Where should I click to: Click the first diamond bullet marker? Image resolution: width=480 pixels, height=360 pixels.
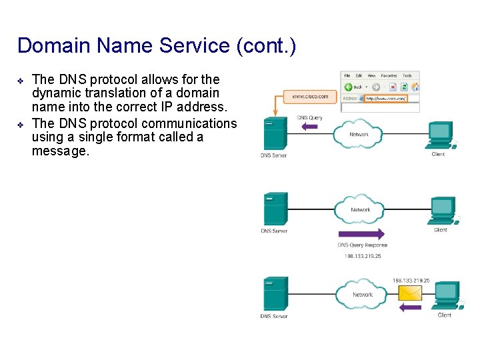21,81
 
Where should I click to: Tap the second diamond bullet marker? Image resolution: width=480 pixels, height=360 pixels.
21,125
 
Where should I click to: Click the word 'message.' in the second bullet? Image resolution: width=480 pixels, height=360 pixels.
60,151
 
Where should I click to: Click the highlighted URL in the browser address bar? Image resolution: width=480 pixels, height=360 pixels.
385,99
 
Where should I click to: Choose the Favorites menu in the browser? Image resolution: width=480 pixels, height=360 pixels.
389,76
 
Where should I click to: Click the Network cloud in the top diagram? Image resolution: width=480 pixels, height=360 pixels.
359,133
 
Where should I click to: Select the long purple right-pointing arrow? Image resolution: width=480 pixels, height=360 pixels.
361,234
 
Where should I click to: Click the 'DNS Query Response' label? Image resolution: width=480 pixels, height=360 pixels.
362,245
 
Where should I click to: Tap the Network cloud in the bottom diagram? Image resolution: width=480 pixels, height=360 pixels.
362,293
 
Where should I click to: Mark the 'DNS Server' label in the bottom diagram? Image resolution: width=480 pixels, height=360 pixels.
273,316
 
